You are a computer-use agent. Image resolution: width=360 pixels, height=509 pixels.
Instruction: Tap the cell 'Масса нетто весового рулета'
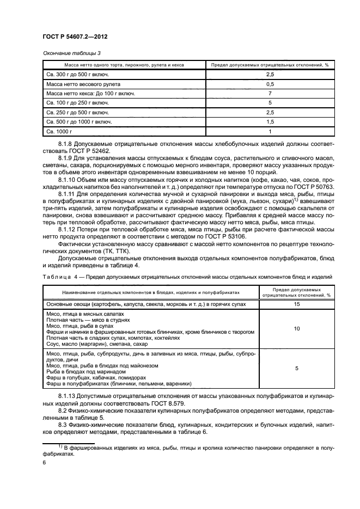tap(83, 84)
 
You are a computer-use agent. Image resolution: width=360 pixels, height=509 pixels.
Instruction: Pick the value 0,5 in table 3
tap(270, 84)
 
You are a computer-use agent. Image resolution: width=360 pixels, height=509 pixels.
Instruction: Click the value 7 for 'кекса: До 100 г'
tap(270, 94)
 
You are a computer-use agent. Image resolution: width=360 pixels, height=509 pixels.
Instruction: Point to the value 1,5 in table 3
tap(270, 122)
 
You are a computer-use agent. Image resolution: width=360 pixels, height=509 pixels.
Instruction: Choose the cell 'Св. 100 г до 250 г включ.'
tap(78, 103)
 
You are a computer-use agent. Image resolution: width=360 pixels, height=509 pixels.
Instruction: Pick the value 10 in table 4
tap(296, 329)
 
